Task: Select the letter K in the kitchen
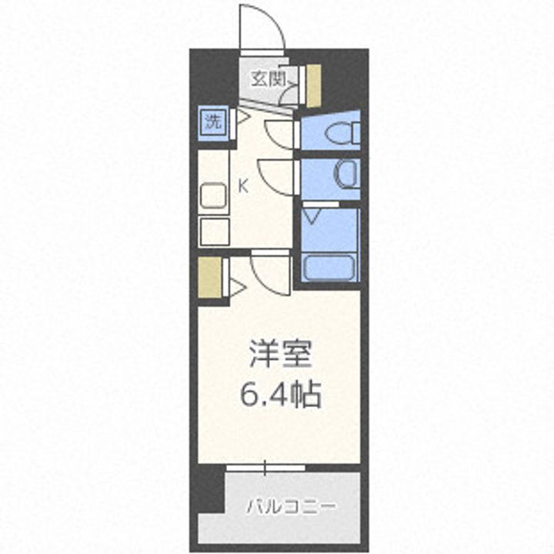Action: (x=242, y=185)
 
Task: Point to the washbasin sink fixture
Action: (x=345, y=175)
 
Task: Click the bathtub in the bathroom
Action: (x=329, y=268)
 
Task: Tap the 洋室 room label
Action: (x=279, y=356)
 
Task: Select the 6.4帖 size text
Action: (x=279, y=395)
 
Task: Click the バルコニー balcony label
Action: (x=291, y=508)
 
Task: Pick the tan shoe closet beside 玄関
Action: (x=313, y=85)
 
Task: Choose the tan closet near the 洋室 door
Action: (x=208, y=279)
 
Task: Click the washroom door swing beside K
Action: (x=277, y=175)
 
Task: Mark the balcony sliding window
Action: (x=265, y=467)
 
